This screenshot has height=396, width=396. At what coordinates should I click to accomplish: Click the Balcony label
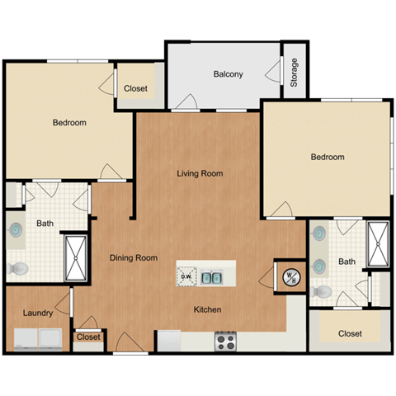click(228, 74)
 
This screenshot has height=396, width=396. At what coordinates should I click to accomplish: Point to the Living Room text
click(200, 173)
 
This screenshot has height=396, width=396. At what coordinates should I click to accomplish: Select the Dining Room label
click(134, 258)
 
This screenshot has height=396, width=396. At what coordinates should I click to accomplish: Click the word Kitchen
click(207, 310)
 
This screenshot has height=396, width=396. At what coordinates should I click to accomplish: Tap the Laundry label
click(38, 313)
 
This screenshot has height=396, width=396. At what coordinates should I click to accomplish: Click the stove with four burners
click(226, 341)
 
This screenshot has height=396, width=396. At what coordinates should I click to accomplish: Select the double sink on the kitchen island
click(212, 276)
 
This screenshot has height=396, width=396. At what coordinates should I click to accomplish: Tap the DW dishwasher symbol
click(186, 276)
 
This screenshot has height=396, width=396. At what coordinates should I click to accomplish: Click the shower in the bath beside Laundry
click(76, 257)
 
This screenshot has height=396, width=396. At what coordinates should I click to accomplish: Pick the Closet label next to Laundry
click(88, 337)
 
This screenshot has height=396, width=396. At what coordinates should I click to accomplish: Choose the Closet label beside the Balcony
click(135, 89)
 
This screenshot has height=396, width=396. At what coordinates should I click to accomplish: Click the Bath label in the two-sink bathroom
click(346, 262)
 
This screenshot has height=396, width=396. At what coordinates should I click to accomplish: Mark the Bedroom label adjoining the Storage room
click(328, 157)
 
